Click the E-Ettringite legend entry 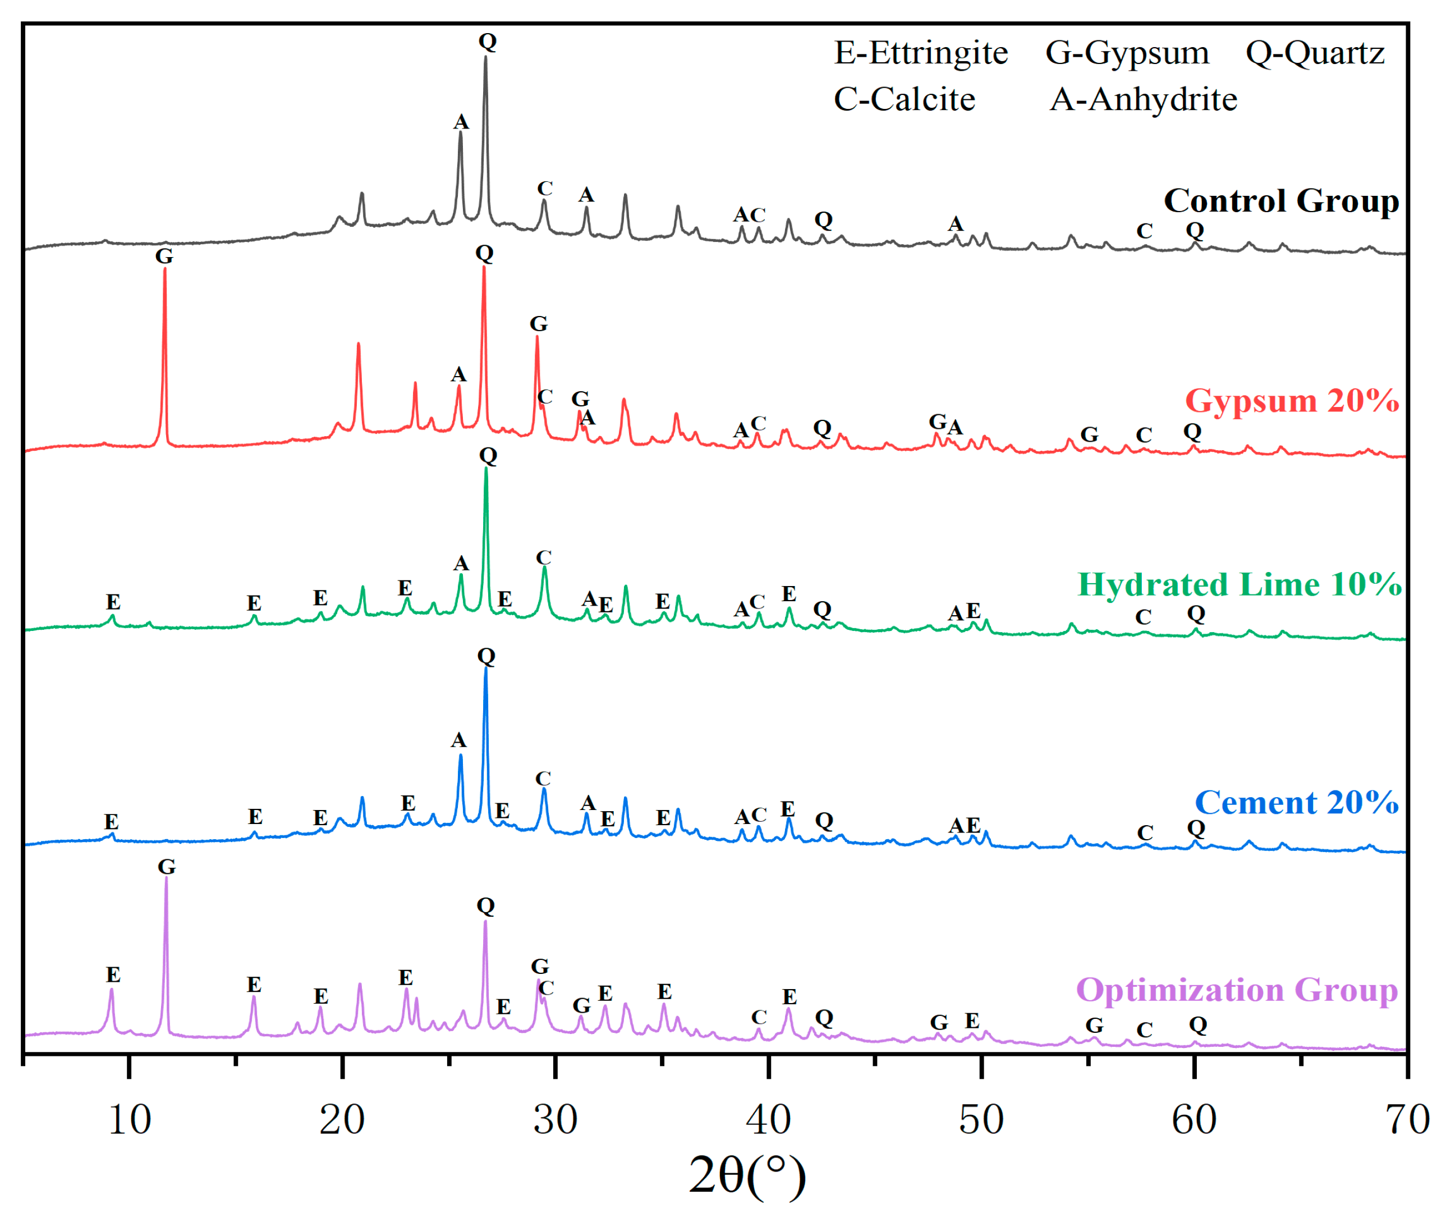[x=920, y=53]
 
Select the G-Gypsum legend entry [x=1127, y=53]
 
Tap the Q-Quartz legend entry [x=1315, y=53]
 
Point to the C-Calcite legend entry [x=904, y=99]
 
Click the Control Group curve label [x=1280, y=201]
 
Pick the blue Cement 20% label [x=1296, y=802]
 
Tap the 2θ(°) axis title [x=747, y=1175]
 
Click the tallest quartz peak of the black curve [x=485, y=58]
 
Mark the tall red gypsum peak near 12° [x=165, y=269]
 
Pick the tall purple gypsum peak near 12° [x=166, y=878]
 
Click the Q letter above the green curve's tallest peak [x=488, y=456]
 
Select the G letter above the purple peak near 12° [x=167, y=866]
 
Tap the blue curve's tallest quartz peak [x=486, y=669]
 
